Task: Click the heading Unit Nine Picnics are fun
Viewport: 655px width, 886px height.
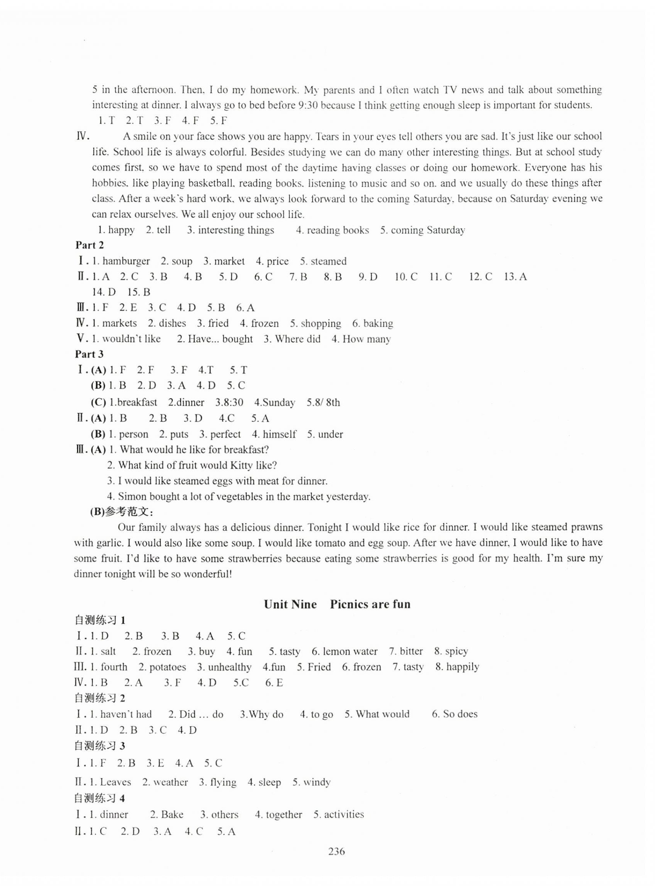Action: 337,604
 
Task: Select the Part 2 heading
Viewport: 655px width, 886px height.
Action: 90,245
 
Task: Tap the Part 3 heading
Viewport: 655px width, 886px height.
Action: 90,354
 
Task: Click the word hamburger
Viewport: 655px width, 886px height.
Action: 126,261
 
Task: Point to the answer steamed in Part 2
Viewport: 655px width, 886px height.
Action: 329,261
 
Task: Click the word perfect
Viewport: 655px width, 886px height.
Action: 225,434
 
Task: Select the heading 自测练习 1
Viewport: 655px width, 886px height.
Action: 100,620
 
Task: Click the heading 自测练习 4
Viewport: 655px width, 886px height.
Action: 100,798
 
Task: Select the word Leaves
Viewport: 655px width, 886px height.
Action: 115,782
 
